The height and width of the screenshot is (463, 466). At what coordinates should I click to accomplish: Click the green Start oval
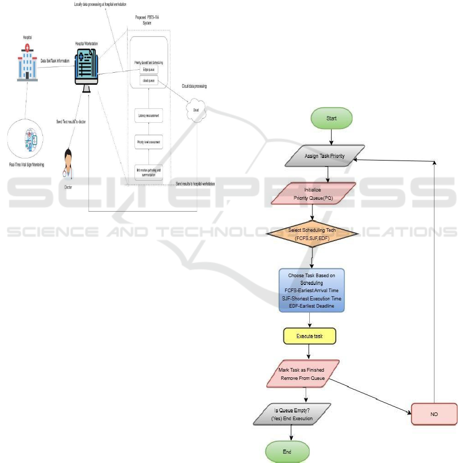(332, 118)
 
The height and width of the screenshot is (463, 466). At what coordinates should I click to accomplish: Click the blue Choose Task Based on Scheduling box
(311, 290)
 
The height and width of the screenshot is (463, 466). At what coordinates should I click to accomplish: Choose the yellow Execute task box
(309, 336)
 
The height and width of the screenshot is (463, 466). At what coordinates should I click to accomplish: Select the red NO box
(434, 414)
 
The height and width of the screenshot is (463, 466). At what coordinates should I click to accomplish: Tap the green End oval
(287, 452)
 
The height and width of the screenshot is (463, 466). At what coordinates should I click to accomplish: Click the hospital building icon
(27, 62)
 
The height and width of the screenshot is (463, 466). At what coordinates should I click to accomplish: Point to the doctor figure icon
(68, 165)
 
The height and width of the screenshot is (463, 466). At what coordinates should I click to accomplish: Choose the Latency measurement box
(148, 116)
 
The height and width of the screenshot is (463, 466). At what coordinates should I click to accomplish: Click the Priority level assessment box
(148, 141)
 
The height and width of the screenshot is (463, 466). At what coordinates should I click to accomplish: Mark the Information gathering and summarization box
(148, 171)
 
